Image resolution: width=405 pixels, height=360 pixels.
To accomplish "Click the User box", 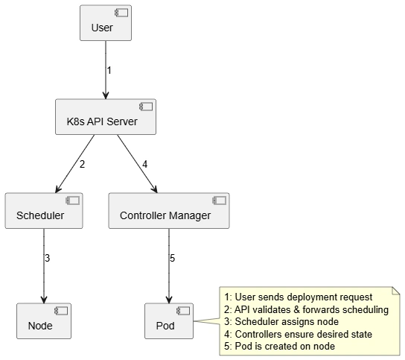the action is pos(106,23).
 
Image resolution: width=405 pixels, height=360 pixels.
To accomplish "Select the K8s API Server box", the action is pos(106,116).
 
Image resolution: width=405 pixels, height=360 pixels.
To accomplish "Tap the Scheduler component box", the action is pos(44,210).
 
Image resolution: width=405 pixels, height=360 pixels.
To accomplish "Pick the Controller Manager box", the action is pos(169,210).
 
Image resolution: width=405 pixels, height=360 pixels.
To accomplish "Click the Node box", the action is pos(44,321).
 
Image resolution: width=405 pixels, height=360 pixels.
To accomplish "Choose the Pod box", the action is pos(169,321).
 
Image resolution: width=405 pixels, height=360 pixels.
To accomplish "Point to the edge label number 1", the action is pos(109,70).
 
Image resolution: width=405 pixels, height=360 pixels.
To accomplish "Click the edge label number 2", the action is pos(82,164).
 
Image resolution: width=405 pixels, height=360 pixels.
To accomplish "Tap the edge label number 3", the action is pos(47,258).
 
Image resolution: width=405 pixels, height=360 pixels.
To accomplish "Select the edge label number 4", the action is pos(145,164).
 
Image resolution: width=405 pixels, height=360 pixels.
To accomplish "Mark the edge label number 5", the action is pos(172,258).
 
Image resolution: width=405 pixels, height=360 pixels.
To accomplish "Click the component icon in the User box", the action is pos(121,13).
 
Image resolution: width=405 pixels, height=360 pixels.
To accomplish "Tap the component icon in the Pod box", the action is pos(183,311).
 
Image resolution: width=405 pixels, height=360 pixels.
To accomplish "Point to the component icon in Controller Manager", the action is pos(220,200).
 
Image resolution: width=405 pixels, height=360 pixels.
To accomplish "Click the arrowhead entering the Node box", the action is pos(44,300).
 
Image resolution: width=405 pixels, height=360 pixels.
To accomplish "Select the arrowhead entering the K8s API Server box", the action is pos(106,95).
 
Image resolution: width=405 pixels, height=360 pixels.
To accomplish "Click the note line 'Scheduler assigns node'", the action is pos(281,322).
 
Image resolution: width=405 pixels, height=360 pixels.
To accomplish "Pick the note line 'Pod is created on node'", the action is pos(279,347).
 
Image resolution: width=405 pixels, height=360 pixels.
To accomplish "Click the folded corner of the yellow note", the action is pos(396,291).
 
